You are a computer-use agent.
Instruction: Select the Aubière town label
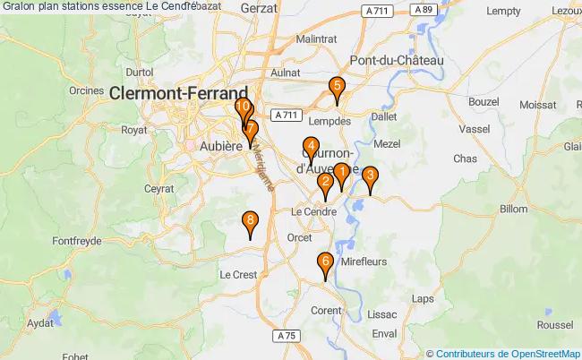(x=221, y=146)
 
